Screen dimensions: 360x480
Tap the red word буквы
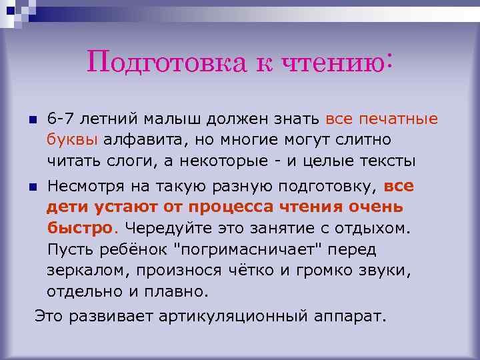coord(72,140)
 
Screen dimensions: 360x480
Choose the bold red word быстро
coord(79,227)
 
